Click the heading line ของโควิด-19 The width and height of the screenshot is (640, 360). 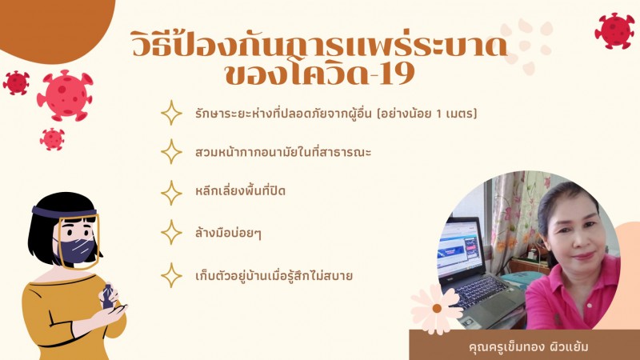coord(320,74)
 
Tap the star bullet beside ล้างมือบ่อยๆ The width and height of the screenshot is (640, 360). coord(171,233)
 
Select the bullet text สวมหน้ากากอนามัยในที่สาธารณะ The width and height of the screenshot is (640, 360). coord(283,152)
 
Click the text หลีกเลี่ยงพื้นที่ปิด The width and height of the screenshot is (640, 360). coord(241,190)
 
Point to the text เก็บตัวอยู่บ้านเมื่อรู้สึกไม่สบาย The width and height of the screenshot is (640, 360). coord(274,275)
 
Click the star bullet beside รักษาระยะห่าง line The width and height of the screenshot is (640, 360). coord(171,113)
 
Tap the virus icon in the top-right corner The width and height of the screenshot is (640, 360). coord(614,30)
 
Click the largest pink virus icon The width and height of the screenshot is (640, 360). coord(66,95)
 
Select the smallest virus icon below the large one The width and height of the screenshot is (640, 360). coord(52,139)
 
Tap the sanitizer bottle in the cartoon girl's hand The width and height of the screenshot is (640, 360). coord(108,296)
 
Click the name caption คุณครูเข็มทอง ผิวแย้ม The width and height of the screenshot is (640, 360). coord(529,347)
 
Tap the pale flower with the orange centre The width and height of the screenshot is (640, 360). coord(436,308)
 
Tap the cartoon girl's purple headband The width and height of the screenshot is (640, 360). coord(64,212)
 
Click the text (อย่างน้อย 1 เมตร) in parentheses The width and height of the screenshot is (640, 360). coord(426,113)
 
